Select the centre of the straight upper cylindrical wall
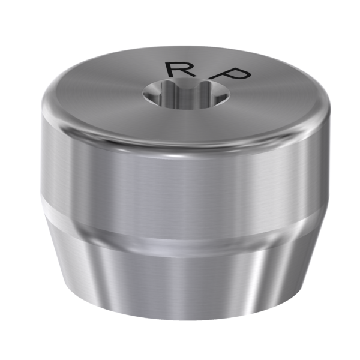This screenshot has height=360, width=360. (180, 180)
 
